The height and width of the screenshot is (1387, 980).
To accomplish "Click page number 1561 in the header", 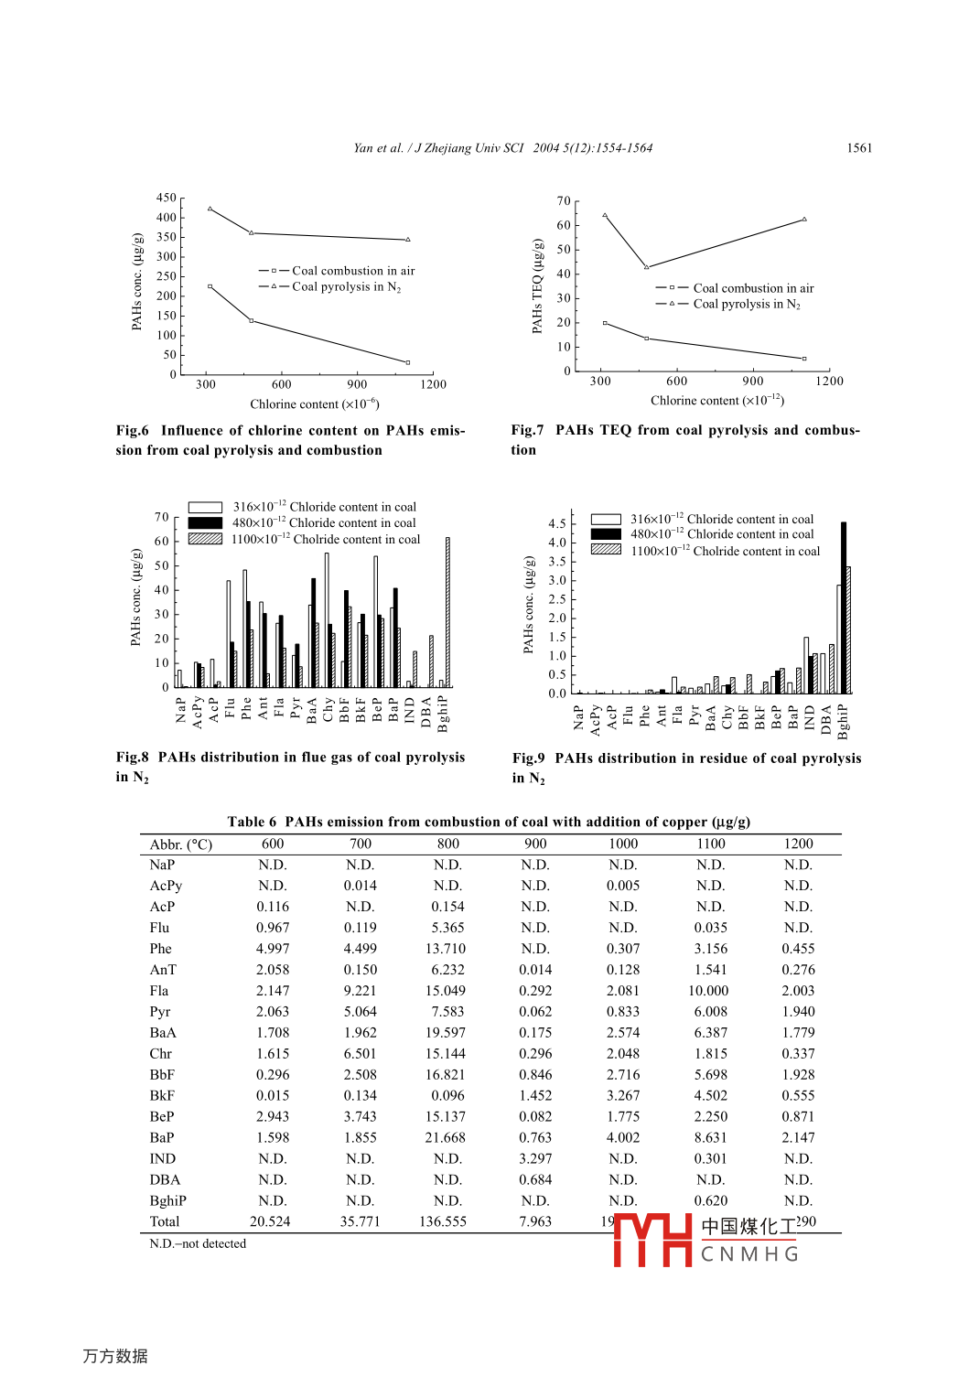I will click(859, 148).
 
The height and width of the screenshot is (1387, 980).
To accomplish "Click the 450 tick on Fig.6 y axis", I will click(166, 198).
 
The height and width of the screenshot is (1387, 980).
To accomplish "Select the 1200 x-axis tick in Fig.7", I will click(829, 382).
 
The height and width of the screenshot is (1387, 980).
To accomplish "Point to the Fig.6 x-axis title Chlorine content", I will click(314, 404).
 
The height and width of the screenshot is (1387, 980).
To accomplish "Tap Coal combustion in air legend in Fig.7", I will click(752, 288).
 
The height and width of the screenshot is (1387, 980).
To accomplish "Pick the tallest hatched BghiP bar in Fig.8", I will click(447, 611).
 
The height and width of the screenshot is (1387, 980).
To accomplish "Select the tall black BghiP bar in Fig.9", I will click(844, 607).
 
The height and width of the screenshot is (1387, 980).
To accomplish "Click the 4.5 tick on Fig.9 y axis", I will click(556, 524).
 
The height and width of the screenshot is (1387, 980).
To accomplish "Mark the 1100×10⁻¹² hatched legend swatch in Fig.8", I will click(205, 539).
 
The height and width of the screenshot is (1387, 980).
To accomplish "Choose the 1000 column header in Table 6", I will click(623, 844).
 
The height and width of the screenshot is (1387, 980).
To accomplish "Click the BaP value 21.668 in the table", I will click(446, 1138).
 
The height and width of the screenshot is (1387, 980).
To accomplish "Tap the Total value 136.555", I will click(443, 1222).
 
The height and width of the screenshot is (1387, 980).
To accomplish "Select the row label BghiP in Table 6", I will click(168, 1201).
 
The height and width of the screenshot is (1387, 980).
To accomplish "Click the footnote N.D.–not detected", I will click(198, 1244).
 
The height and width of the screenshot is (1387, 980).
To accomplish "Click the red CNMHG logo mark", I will click(652, 1240).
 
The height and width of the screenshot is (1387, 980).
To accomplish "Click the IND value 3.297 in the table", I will click(535, 1159).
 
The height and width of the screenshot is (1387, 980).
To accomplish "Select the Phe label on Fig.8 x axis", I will click(246, 709).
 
